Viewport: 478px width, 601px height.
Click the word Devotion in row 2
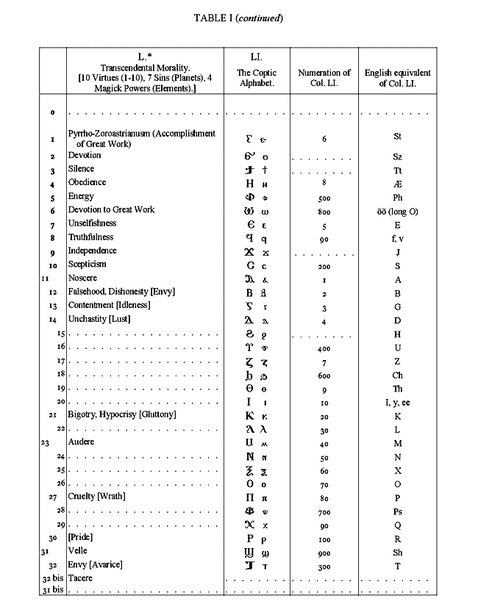click(x=85, y=156)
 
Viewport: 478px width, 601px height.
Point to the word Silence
click(x=81, y=169)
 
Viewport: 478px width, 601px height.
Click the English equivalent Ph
click(x=397, y=197)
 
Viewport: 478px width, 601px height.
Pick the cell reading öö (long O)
click(x=397, y=211)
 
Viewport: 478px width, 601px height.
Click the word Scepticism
click(x=87, y=264)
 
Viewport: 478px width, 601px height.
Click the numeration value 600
click(x=324, y=374)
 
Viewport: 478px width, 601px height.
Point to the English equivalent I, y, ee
click(x=397, y=402)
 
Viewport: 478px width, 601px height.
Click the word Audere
click(x=81, y=443)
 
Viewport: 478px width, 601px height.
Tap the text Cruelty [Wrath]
click(x=95, y=497)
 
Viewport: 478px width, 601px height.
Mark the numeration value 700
click(x=324, y=511)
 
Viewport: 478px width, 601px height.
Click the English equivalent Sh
click(x=397, y=551)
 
